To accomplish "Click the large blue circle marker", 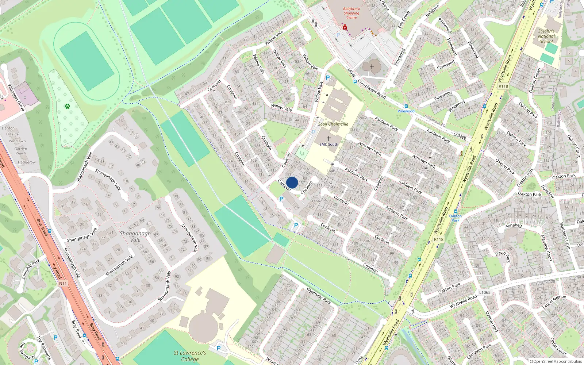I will [x=292, y=182].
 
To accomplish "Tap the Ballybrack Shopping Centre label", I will [x=351, y=13].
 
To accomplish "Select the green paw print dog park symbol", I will [x=68, y=106].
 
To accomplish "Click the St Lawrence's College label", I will [x=190, y=356].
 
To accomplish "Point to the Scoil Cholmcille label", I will [x=333, y=124].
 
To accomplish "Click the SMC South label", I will [x=328, y=145].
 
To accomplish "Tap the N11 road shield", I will [x=63, y=283].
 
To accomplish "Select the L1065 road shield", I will [x=485, y=292].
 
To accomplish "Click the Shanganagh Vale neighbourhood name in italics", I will [x=135, y=237].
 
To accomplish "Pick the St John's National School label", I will [x=546, y=36].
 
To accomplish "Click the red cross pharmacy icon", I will [x=345, y=27].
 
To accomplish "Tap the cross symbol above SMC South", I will [x=328, y=139].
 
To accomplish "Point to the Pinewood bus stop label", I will [x=406, y=111].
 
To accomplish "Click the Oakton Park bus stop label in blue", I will [x=455, y=218].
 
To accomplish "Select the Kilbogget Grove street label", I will [x=16, y=97].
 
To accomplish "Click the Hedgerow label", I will [x=27, y=162].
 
